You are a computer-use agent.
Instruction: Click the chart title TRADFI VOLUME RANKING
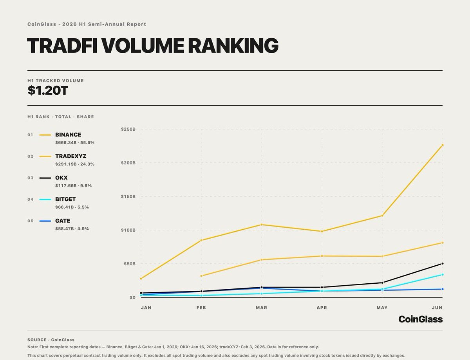pos(153,46)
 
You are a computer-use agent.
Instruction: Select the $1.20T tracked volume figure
pos(48,90)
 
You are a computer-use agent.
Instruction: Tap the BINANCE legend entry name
pos(68,135)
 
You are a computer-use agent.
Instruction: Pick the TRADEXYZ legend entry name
pos(71,156)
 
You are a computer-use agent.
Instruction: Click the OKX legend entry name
pos(61,178)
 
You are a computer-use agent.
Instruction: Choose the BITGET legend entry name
pos(65,199)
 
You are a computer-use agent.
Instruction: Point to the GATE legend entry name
pos(63,221)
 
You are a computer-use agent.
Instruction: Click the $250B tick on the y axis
pos(128,129)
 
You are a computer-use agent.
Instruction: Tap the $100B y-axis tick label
pos(128,230)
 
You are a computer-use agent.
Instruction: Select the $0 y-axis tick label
pos(133,297)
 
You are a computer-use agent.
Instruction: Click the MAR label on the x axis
pos(262,308)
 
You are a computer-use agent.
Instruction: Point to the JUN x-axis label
pos(437,308)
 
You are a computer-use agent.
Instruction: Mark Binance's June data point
pos(442,145)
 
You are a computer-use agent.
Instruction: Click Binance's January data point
pos(141,279)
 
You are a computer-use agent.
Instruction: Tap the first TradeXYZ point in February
pos(201,276)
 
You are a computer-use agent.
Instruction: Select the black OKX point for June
pos(442,264)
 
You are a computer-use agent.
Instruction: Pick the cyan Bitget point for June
pos(442,275)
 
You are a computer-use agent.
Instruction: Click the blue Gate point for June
pos(442,289)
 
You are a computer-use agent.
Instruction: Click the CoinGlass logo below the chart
pos(421,319)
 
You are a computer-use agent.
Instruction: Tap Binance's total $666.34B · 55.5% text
pos(75,142)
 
